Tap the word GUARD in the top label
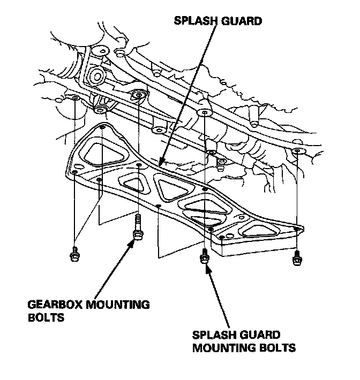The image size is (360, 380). (x=243, y=22)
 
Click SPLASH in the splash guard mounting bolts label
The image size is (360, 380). (x=213, y=336)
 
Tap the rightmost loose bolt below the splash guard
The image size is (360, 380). (x=296, y=257)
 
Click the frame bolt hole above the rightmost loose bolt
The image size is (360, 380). (x=298, y=153)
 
